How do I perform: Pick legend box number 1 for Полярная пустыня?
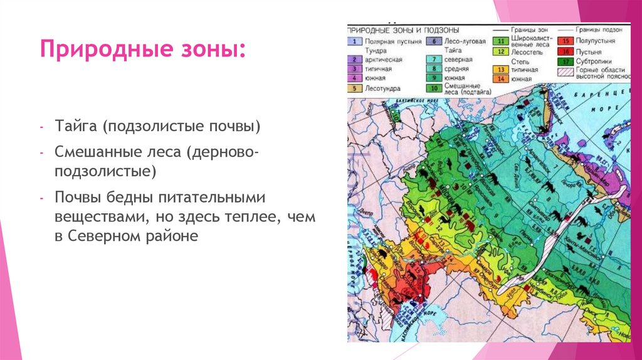click(354, 41)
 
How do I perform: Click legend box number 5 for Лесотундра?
click(354, 88)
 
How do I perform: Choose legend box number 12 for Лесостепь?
click(500, 51)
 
